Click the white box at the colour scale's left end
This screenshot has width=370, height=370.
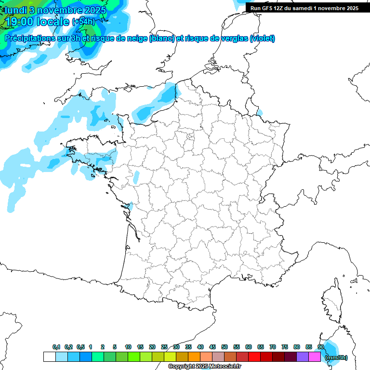point(49,357)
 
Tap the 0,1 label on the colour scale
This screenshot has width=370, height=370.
point(56,347)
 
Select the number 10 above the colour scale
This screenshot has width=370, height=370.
point(128,347)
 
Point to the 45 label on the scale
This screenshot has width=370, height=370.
point(212,347)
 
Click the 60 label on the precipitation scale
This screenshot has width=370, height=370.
point(249,347)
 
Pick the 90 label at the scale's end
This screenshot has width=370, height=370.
point(320,347)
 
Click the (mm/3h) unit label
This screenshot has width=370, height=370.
point(336,357)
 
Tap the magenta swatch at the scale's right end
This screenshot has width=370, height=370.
point(315,357)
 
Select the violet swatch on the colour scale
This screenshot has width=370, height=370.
point(303,357)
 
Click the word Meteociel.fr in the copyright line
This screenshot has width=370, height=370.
point(225,367)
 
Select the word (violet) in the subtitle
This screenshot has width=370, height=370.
point(262,39)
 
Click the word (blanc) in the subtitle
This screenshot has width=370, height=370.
point(161,39)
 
